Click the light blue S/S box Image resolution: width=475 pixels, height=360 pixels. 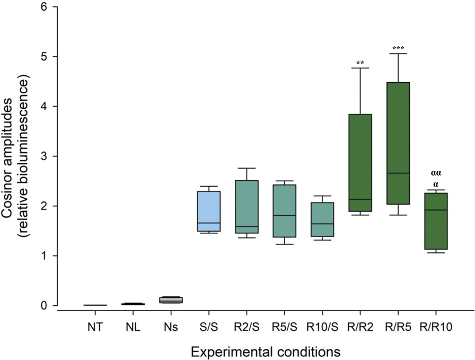pos(208,211)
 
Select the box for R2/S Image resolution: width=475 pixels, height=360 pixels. pos(247,207)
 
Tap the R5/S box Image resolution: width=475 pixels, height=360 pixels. pos(284,211)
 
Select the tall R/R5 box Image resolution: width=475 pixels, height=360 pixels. pos(398,143)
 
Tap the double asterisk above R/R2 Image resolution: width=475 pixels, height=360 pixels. pos(360,64)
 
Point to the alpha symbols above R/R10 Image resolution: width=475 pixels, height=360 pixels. pos(436,178)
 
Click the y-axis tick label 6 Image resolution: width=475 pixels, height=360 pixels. pos(46,7)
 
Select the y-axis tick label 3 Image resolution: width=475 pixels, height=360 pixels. pos(46,156)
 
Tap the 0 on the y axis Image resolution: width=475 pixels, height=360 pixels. pos(46,306)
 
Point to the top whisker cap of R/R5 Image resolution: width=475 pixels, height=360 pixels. pos(398,54)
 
